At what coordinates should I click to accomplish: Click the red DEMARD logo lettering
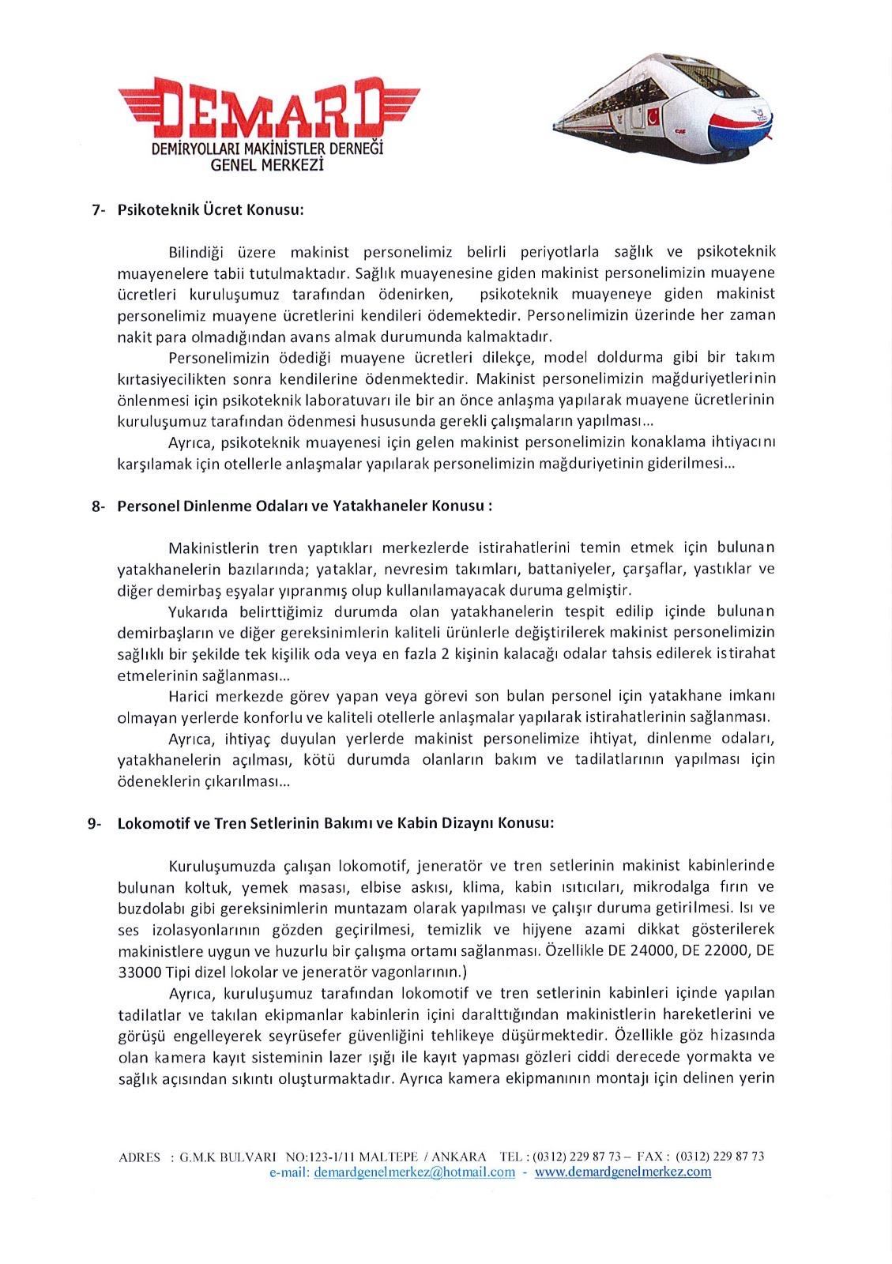point(269,107)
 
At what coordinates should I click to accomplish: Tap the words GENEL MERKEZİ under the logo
point(268,165)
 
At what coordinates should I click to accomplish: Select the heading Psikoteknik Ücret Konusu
point(210,210)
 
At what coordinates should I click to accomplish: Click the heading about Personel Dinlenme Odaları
point(304,506)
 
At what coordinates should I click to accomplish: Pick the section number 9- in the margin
point(95,823)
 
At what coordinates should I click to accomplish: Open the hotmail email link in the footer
point(414,1172)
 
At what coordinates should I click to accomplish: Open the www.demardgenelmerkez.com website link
point(623,1172)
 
